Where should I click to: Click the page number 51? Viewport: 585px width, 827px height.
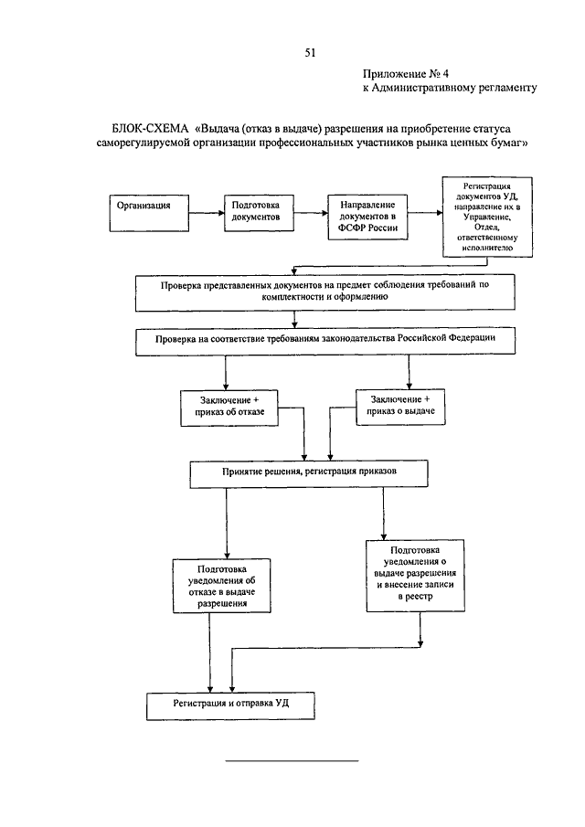pos(310,52)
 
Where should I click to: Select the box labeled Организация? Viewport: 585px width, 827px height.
pos(149,213)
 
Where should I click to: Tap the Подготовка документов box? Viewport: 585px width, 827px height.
pos(259,213)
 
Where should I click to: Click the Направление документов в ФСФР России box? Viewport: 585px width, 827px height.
pos(367,217)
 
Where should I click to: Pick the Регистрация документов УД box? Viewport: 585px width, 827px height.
pos(487,217)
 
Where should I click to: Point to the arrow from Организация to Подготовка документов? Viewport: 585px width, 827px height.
pos(207,213)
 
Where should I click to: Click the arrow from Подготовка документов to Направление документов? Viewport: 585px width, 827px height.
pos(311,213)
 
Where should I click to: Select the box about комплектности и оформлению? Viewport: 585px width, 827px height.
pos(324,292)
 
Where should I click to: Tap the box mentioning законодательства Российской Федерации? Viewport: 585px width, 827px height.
pos(324,342)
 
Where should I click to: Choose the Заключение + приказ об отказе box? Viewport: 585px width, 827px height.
pos(229,408)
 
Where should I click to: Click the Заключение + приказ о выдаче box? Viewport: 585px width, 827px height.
pos(400,407)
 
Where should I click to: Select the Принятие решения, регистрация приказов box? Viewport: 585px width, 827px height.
pos(309,474)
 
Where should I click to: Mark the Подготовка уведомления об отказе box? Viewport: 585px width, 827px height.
pos(222,586)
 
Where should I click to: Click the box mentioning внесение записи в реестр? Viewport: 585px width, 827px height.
pos(416,576)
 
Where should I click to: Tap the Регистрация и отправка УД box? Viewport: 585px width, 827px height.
pos(230,706)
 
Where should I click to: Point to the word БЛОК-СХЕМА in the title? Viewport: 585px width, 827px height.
pos(150,129)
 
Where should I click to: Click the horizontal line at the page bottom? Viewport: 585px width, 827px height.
pos(292,760)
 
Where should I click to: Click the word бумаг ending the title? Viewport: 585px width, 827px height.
pos(509,143)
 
